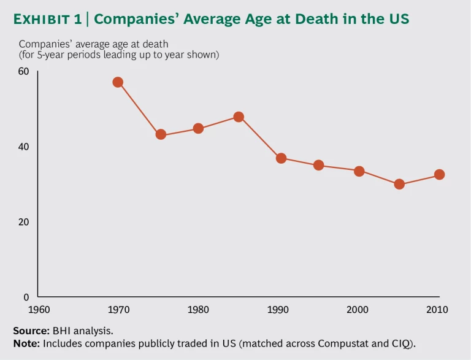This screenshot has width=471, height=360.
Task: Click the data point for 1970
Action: coord(118,82)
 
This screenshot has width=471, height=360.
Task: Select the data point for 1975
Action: coord(161,134)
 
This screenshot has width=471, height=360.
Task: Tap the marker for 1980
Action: coord(198,128)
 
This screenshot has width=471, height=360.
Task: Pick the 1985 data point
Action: coord(239,117)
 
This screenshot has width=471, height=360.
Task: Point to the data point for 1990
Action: coord(281,158)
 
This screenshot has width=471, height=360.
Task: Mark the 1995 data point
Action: coord(318,165)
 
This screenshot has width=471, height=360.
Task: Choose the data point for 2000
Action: coord(359,171)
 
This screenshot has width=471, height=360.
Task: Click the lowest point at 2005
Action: coord(399,184)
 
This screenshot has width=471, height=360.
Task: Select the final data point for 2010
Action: coord(439,174)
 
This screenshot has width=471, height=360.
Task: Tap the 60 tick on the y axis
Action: coord(24,71)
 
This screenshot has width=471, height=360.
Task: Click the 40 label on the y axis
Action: coord(24,147)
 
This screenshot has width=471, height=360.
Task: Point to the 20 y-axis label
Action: coord(24,222)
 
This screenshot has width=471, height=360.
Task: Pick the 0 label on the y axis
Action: coord(26,297)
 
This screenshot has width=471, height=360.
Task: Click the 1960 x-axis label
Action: coord(38,310)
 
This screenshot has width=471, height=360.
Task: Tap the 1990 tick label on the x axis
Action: coord(278,310)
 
